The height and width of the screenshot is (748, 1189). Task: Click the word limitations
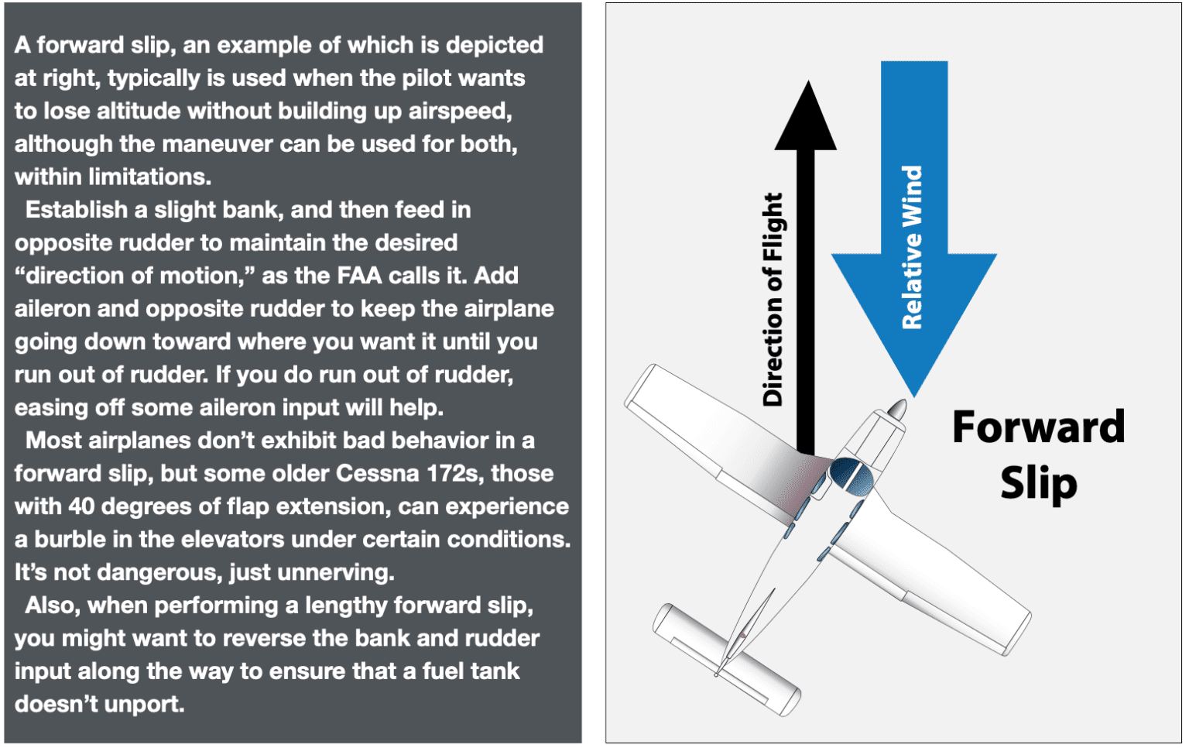[x=149, y=177]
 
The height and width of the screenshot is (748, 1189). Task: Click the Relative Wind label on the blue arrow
[x=913, y=247]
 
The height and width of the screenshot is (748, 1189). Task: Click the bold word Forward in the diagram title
[x=1038, y=427]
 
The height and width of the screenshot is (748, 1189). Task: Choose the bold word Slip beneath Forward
[x=1038, y=484]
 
